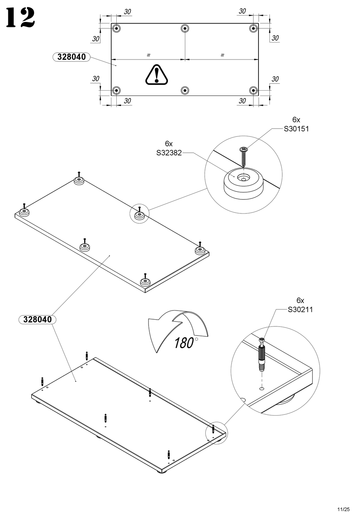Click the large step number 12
coord(20,18)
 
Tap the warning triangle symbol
coord(157,74)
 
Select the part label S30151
coord(296,129)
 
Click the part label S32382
coord(169,153)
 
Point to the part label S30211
coord(300,310)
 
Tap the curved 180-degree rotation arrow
coord(178,331)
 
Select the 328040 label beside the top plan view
coord(71,57)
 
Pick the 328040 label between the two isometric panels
coord(37,319)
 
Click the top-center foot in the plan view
coord(185,29)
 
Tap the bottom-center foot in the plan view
coord(185,90)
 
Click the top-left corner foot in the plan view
coord(116,29)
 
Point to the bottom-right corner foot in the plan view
coord(254,90)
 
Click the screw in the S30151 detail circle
coord(243,157)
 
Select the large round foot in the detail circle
coord(244,183)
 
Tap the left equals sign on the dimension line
coord(148,55)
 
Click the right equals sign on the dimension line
coord(222,55)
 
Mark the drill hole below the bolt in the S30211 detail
coord(262,388)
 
